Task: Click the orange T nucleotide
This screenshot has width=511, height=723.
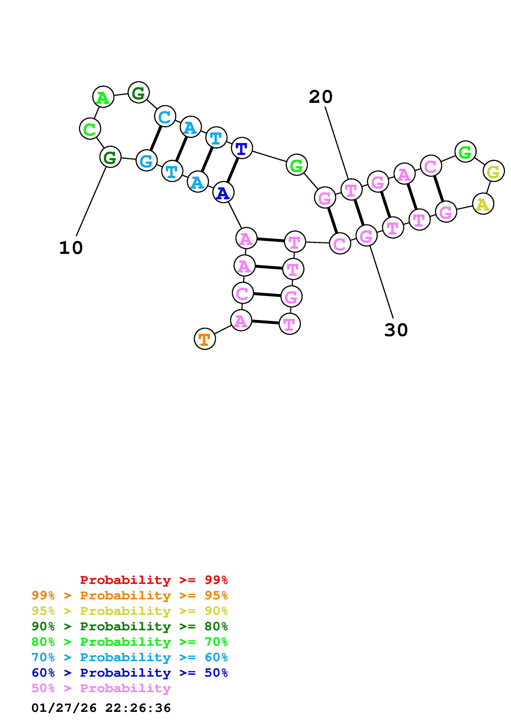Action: [x=205, y=339]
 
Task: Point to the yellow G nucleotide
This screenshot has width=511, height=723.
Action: [x=493, y=171]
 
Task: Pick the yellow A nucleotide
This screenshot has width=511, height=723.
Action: [x=483, y=204]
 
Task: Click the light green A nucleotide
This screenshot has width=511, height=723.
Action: [x=103, y=97]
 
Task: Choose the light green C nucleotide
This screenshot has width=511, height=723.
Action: [x=90, y=129]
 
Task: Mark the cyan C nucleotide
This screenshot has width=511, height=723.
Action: [x=165, y=116]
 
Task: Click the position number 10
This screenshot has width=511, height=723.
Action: [x=71, y=248]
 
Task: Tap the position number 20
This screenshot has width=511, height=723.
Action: [x=321, y=97]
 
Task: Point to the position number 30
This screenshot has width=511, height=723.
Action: [x=396, y=330]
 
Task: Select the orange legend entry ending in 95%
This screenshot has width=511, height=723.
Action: [x=130, y=595]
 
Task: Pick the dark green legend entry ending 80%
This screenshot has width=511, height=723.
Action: [x=130, y=626]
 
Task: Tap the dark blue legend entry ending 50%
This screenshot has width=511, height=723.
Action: [x=130, y=673]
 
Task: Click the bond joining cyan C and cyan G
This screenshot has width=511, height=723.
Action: [x=156, y=138]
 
